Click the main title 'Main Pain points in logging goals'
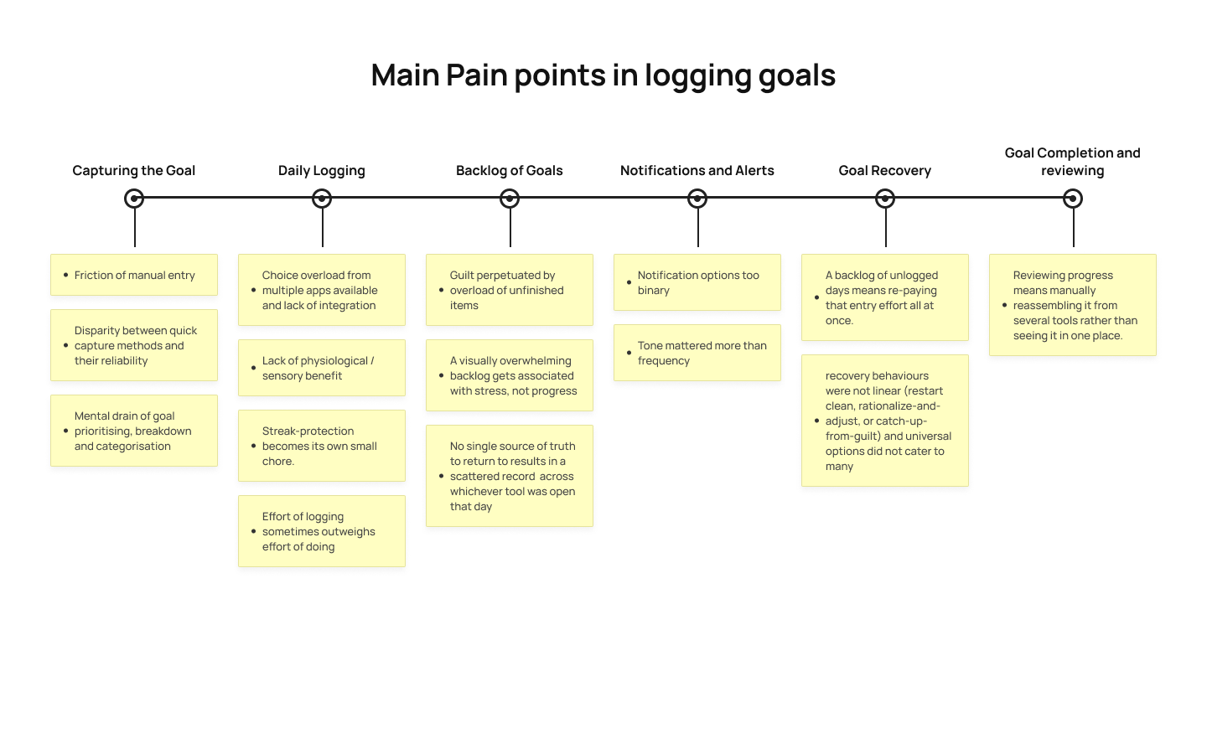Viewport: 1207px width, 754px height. point(603,75)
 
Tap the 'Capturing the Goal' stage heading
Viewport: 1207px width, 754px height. point(133,171)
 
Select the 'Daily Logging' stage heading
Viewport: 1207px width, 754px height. point(322,171)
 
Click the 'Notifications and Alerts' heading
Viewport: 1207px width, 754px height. point(697,171)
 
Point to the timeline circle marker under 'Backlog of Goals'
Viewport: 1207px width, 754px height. point(510,199)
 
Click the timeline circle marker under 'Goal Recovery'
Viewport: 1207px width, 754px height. point(885,199)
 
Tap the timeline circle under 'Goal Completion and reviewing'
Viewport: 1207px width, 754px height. point(1073,199)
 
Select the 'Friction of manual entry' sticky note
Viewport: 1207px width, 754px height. point(134,275)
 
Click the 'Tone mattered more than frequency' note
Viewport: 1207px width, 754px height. point(697,353)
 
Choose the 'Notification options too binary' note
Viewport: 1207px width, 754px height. point(697,283)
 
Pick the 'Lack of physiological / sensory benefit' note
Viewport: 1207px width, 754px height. point(322,368)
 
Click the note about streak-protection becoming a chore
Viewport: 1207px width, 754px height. point(322,446)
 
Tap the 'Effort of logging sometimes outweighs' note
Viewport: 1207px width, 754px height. point(322,531)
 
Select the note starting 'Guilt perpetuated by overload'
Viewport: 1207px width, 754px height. point(510,290)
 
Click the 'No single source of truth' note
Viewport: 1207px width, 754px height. point(510,476)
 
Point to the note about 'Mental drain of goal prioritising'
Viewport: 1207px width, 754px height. point(134,431)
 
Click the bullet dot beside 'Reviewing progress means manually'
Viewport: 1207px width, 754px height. point(1004,305)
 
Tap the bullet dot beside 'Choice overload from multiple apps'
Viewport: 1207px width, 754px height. point(253,290)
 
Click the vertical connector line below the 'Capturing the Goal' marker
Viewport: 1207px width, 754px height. point(135,228)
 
